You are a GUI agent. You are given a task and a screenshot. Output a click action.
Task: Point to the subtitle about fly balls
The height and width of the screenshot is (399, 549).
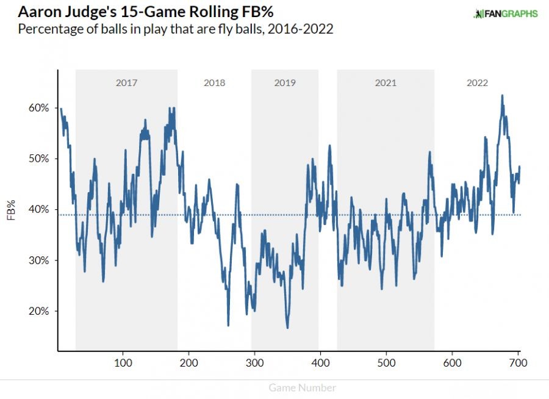coord(176,29)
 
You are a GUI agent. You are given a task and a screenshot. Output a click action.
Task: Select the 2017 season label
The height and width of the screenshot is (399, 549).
coord(126,83)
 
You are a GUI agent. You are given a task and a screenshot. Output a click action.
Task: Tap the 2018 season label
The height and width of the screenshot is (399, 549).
coord(214,83)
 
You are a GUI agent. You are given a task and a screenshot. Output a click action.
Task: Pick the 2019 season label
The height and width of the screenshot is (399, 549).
coord(284,83)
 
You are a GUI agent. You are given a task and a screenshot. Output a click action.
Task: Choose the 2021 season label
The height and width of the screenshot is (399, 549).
coord(386,83)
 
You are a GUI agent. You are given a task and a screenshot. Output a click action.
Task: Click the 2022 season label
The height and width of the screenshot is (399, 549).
coord(477,83)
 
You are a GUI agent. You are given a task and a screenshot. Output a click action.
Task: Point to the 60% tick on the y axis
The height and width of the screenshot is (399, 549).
coord(38,108)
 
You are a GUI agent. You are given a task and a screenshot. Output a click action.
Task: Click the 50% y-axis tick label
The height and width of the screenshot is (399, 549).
coord(38,159)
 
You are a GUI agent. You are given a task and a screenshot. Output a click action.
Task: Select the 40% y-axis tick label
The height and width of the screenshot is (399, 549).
coord(38,209)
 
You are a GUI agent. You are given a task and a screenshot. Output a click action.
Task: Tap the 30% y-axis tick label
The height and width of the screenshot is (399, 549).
coord(38,261)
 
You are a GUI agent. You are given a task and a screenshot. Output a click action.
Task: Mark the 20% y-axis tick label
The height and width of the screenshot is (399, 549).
coord(38,311)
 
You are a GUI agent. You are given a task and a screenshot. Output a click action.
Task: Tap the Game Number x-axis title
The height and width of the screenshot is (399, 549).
coord(302,387)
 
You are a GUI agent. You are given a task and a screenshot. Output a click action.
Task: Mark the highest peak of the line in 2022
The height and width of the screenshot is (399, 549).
coord(502,95)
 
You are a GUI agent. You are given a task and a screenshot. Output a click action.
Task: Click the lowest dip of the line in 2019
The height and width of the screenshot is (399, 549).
coord(287,328)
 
